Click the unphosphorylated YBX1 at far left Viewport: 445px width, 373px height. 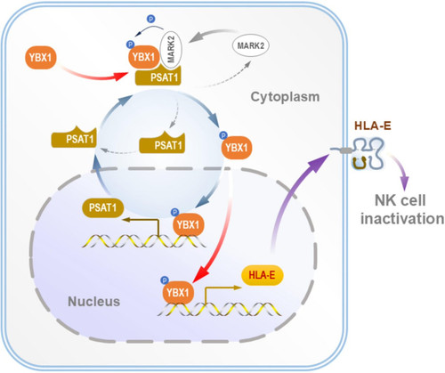click(41, 57)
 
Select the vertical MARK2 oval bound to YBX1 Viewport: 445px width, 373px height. click(171, 49)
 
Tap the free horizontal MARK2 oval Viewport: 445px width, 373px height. click(250, 46)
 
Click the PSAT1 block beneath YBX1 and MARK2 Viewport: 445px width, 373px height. click(158, 77)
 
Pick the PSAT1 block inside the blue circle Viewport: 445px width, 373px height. click(162, 143)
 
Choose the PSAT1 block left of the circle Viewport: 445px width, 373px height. click(74, 137)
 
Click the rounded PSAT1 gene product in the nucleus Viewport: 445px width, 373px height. click(102, 207)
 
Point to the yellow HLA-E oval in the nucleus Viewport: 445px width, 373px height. click(263, 275)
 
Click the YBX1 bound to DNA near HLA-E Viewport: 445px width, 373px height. click(178, 293)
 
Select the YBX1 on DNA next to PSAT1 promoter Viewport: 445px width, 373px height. click(188, 224)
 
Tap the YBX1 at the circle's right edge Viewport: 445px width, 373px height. click(237, 148)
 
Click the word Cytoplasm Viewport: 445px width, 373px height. click(285, 97)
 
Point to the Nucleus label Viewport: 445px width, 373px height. click(94, 302)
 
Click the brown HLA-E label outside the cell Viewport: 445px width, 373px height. click(373, 126)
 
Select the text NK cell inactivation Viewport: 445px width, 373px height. click(402, 209)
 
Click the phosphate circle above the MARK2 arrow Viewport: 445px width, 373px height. click(150, 19)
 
